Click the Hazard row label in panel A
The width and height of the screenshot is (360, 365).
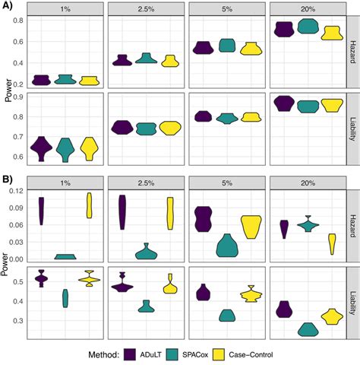click(352, 54)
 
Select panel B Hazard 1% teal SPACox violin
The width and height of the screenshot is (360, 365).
click(65, 256)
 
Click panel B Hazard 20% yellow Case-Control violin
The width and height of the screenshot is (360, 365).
click(332, 243)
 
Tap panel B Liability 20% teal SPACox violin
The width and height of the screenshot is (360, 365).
click(308, 328)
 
